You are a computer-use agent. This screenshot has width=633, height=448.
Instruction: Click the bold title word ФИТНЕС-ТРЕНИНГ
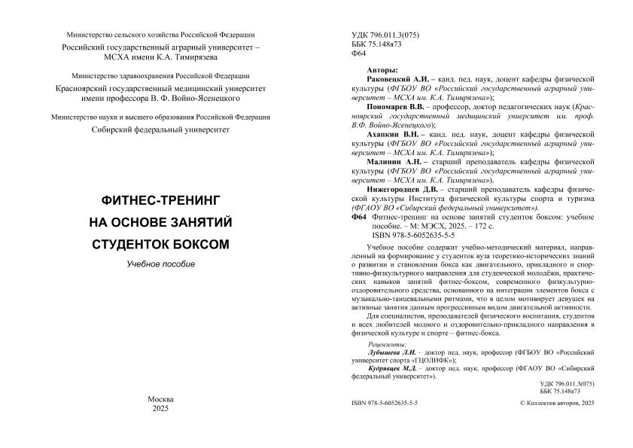160,201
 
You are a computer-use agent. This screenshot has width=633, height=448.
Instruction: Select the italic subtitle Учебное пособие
160,264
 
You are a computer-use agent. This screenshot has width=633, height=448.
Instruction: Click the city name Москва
160,398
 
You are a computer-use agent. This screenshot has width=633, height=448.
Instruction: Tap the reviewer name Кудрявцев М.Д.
391,368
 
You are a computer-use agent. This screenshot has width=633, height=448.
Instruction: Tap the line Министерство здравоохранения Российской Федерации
161,77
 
